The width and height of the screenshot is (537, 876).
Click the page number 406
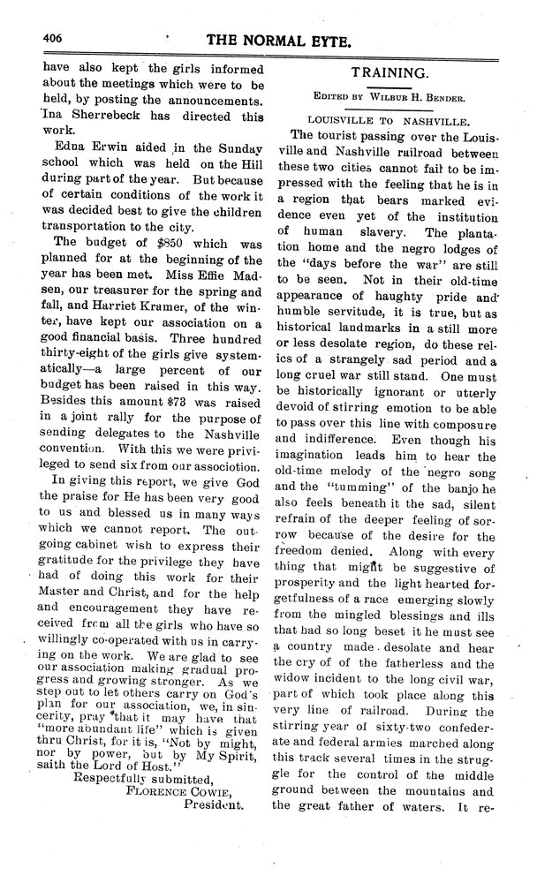point(51,38)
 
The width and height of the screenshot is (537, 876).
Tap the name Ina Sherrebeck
point(88,115)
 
